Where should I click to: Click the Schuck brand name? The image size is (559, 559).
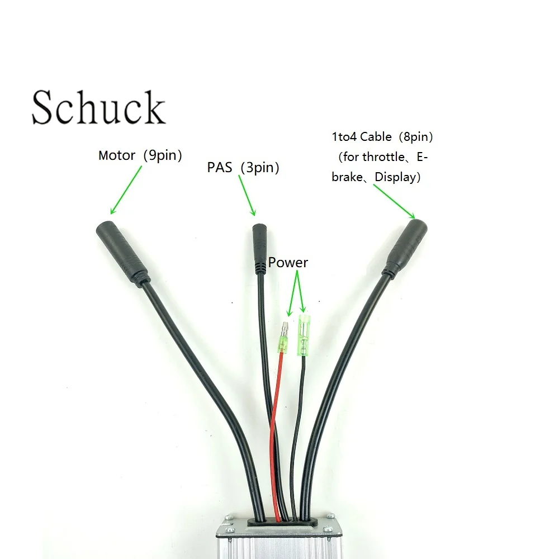coord(98,107)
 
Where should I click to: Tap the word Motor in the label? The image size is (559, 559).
coord(117,155)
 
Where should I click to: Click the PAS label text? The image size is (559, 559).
coord(220,167)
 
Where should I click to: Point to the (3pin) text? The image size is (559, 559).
coord(260,168)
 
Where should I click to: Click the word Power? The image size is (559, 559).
coord(288,262)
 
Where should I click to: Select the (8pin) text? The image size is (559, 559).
coord(416,136)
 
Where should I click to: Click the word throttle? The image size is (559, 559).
coord(383,157)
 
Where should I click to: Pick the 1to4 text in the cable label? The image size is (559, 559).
coord(344,136)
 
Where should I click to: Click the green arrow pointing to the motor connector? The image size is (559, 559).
coord(126,190)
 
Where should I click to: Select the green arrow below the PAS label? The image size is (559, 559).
coord(247,195)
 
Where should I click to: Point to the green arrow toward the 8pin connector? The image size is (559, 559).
coord(394,201)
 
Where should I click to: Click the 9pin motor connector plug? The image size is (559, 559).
coord(122,253)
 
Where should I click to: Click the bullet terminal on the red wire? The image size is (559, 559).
coord(284,337)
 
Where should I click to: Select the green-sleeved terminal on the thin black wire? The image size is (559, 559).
coord(304,335)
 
